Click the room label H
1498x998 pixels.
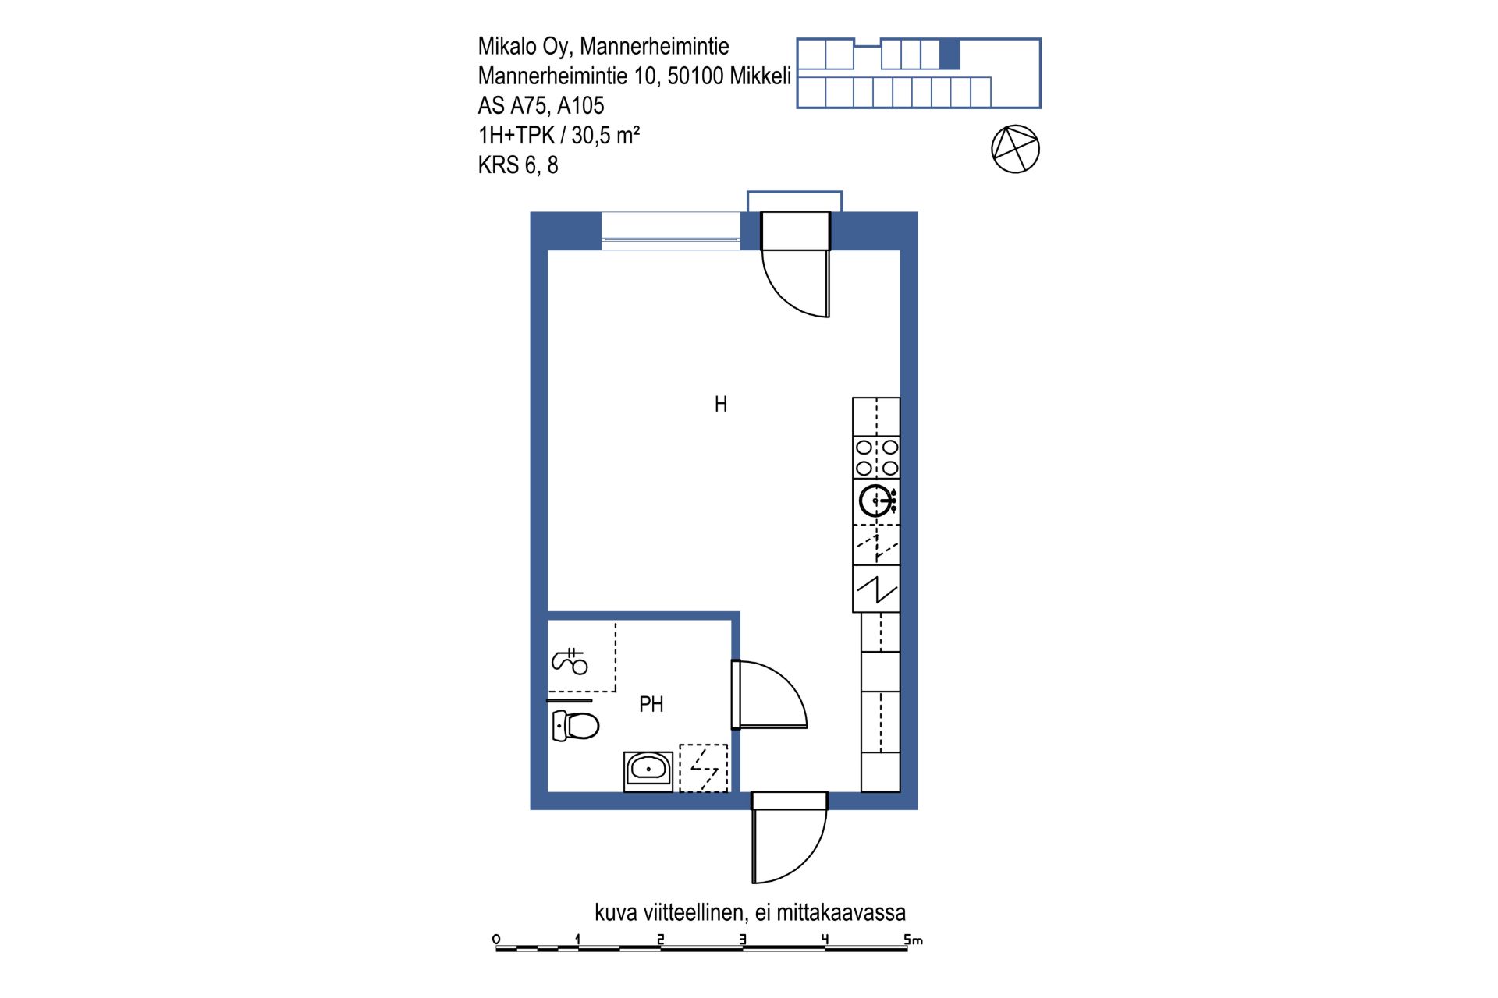coord(721,404)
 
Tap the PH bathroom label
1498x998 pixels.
coord(651,704)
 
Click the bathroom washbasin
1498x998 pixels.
coord(648,771)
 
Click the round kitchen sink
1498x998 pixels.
coord(875,501)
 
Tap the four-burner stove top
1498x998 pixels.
coord(876,458)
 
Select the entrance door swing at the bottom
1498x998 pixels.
coord(789,838)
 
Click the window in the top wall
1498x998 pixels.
coord(670,231)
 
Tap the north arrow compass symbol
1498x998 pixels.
coord(1015,149)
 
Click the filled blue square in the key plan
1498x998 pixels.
coord(950,55)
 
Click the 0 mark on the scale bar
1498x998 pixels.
coord(496,939)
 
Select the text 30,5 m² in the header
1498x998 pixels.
coord(605,135)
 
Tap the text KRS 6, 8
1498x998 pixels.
coord(518,165)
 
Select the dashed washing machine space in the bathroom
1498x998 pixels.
coord(703,769)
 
